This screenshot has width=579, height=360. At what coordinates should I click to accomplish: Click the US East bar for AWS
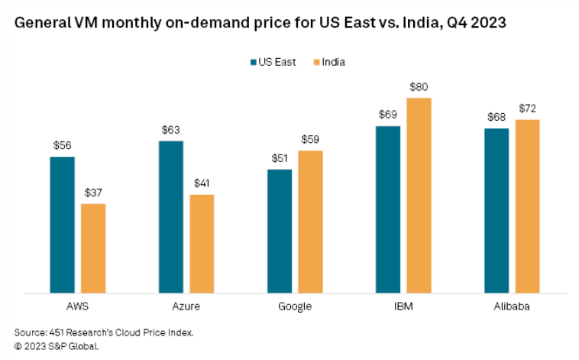pos(62,225)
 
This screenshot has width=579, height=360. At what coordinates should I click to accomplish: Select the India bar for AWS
pos(93,248)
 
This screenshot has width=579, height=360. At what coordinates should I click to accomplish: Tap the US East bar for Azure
pos(170,216)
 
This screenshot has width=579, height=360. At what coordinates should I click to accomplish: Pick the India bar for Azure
pos(202,243)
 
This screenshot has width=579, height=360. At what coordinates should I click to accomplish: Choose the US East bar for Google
pos(279,231)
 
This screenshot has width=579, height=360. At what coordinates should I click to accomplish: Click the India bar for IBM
pos(419,195)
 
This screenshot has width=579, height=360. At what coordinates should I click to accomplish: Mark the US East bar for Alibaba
pos(497,210)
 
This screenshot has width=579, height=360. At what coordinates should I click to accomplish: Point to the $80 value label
pos(419,87)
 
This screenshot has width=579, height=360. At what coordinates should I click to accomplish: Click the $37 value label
pos(93,193)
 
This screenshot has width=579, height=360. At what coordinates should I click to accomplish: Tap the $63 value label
pos(170,131)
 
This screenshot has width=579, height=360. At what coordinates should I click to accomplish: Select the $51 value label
pos(279,159)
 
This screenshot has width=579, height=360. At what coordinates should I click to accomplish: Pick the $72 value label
pos(528,109)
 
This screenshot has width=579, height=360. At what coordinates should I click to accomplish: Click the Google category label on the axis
pos(294,306)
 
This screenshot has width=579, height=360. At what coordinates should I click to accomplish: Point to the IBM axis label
pos(403,306)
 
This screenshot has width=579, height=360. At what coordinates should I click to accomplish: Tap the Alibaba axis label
pos(512,306)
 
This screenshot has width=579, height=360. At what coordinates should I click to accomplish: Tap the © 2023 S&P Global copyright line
pos(57,345)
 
